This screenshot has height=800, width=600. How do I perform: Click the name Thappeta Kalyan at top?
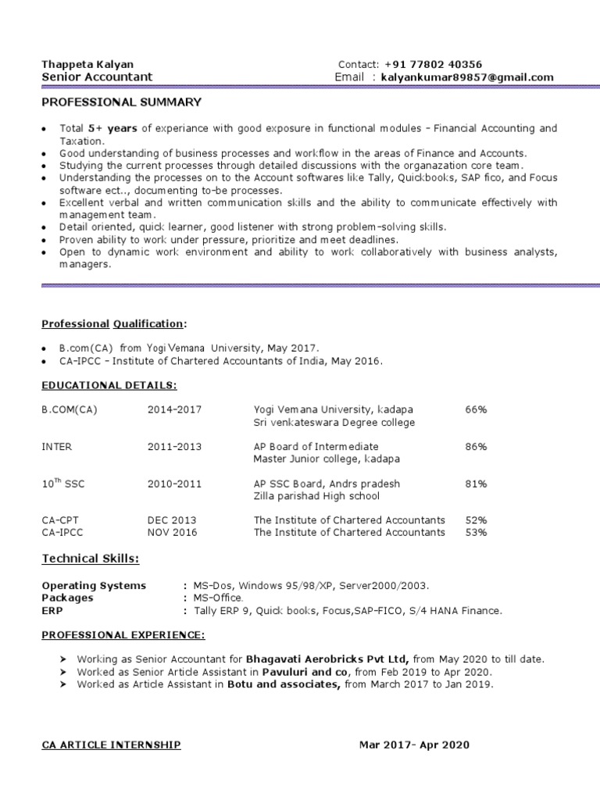point(87,64)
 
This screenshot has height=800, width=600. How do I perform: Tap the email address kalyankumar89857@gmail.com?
point(467,77)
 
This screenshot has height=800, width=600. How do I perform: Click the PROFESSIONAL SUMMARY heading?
point(121,102)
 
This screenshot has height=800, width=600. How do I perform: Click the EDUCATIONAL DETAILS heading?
point(109,385)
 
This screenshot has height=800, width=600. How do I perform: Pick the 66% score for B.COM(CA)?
point(476,409)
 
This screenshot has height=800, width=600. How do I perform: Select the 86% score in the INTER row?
point(476,446)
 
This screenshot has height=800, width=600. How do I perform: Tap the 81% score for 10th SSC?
point(476,484)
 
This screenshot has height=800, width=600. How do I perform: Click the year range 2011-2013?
point(174,446)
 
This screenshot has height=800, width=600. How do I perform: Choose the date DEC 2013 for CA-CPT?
point(172,520)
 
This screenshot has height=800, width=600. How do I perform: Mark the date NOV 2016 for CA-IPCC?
point(173,532)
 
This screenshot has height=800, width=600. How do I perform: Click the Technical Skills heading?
point(91,559)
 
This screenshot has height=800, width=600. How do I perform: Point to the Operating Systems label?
point(94,585)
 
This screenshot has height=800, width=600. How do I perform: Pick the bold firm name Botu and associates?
point(284,684)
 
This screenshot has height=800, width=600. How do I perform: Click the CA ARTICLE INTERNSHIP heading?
point(111,745)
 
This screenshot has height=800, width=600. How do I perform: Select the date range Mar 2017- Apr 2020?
point(414,745)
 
